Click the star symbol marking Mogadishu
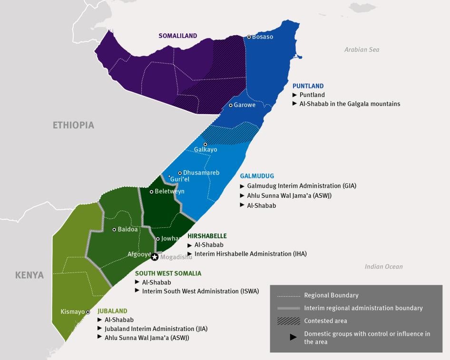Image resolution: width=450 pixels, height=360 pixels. pyautogui.click(x=155, y=257)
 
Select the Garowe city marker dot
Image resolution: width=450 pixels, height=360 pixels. pyautogui.click(x=231, y=105)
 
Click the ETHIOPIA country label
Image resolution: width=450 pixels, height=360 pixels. pyautogui.click(x=73, y=125)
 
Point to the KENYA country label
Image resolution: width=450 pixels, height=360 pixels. pyautogui.click(x=29, y=275)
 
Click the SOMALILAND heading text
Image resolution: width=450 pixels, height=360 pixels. pyautogui.click(x=177, y=36)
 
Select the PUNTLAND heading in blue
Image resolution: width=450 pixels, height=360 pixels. pyautogui.click(x=308, y=86)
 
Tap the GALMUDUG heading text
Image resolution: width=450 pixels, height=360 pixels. pyautogui.click(x=257, y=176)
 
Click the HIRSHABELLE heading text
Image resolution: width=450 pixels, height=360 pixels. pyautogui.click(x=207, y=236)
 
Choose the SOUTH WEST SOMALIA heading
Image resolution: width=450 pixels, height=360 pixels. pyautogui.click(x=168, y=273)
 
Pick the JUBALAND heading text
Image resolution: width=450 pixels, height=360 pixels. pyautogui.click(x=112, y=311)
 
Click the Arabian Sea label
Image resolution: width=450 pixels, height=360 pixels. pyautogui.click(x=362, y=49)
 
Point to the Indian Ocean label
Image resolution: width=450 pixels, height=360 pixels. pyautogui.click(x=383, y=266)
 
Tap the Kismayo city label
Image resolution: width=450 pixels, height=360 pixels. pyautogui.click(x=72, y=312)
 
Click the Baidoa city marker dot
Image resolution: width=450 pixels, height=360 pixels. pyautogui.click(x=114, y=229)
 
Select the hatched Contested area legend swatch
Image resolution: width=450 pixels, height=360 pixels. pyautogui.click(x=288, y=321)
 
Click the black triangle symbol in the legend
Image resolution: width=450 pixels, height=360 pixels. pyautogui.click(x=293, y=337)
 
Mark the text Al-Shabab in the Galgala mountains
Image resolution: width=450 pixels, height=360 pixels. pyautogui.click(x=350, y=104)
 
